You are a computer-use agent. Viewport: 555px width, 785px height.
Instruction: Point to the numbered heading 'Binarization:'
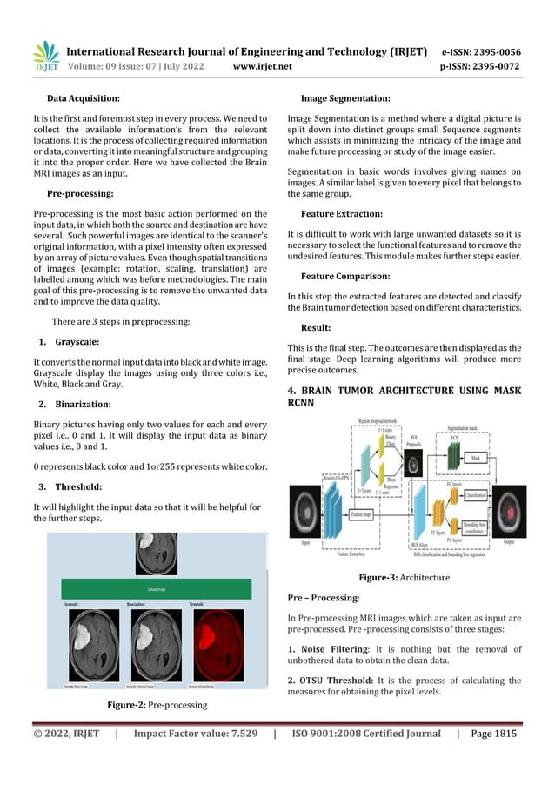[84, 405]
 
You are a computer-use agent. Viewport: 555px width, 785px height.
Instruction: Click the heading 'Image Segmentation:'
[344, 99]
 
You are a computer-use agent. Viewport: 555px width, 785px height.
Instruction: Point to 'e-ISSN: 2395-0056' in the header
[481, 51]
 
